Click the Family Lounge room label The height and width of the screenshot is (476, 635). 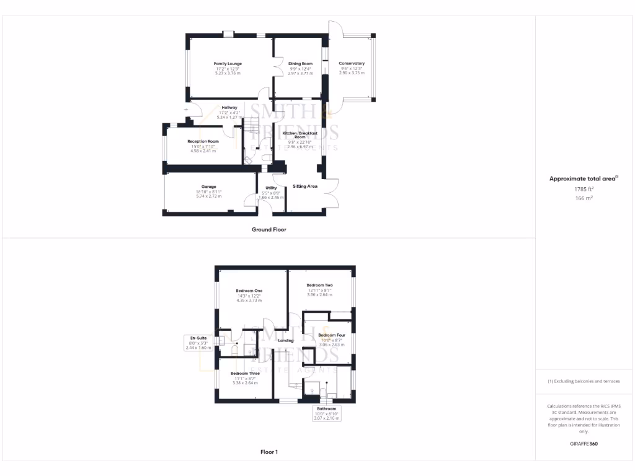tap(228, 64)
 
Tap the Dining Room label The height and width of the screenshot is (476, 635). tap(300, 64)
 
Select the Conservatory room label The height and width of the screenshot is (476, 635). tap(352, 63)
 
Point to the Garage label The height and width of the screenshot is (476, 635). tap(208, 187)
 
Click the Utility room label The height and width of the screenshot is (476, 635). tap(271, 188)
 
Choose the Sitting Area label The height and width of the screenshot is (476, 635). tap(305, 186)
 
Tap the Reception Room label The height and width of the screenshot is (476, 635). tap(203, 141)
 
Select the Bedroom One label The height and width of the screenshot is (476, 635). tap(249, 291)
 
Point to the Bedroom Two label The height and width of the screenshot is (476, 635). tap(319, 285)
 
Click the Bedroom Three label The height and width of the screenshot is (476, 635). tap(245, 374)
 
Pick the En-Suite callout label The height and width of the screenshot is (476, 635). tap(198, 338)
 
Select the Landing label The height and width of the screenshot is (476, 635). tap(286, 340)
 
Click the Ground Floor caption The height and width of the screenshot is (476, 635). tap(269, 229)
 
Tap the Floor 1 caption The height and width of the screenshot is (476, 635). tap(269, 452)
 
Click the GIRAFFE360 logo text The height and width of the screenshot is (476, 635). tap(584, 444)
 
